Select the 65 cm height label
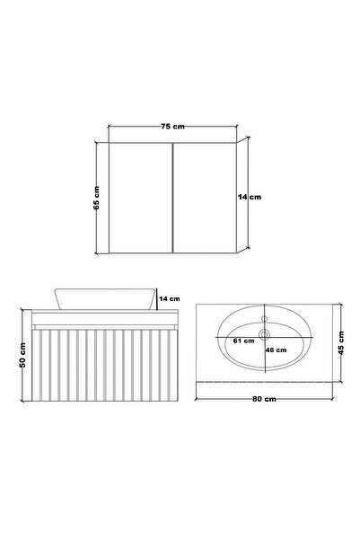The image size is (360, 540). pos(96,197)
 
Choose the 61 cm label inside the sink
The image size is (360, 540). pos(241,342)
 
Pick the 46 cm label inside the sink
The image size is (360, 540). pos(275,350)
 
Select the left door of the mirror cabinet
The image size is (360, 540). pos(139,198)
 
